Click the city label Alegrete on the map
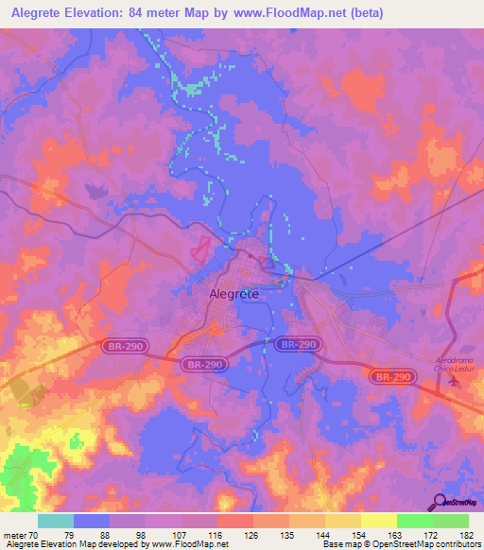233,294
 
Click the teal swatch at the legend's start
55,521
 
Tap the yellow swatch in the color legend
378,521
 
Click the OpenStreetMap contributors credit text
429,543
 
